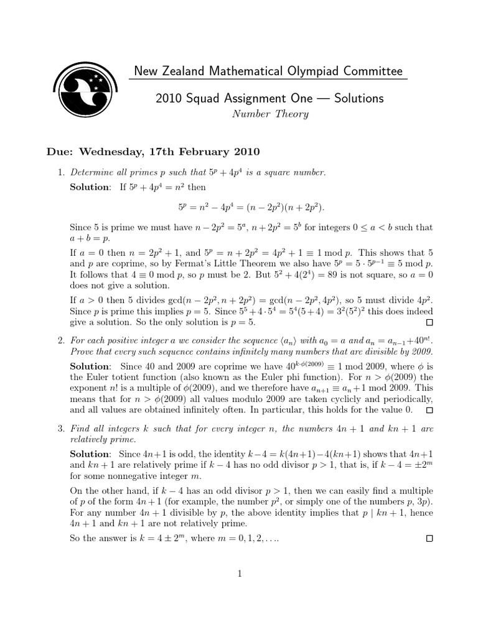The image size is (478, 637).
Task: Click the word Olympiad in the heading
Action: pyautogui.click(x=303, y=72)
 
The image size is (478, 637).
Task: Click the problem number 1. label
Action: pyautogui.click(x=61, y=172)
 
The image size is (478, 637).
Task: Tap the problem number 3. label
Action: pyautogui.click(x=61, y=429)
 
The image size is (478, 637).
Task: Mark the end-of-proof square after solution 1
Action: pyautogui.click(x=428, y=323)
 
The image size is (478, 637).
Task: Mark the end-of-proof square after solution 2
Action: pyautogui.click(x=428, y=411)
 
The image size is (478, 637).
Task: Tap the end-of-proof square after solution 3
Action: pyautogui.click(x=428, y=538)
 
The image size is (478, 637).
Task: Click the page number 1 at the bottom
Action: pyautogui.click(x=240, y=574)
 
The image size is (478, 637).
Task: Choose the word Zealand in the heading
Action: pyautogui.click(x=183, y=72)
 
